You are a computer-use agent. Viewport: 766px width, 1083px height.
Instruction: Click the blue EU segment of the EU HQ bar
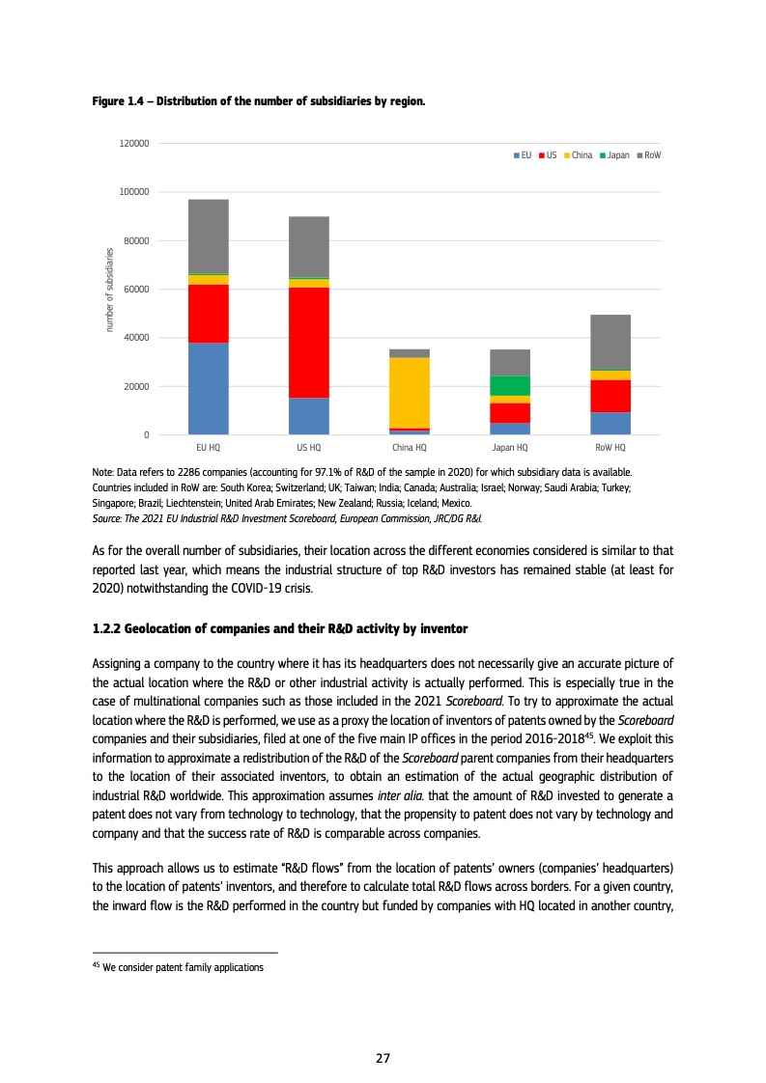[209, 388]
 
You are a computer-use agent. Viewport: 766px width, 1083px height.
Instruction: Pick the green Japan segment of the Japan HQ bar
[510, 385]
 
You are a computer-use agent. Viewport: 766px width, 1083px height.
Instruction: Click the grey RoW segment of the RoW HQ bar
[610, 342]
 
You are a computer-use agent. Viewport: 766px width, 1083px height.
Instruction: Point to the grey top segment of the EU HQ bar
[209, 236]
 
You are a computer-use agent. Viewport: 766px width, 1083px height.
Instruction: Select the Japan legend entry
[614, 154]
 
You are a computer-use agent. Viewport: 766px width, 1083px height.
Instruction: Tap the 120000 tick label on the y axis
[134, 143]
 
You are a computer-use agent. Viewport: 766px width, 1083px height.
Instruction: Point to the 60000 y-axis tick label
[136, 290]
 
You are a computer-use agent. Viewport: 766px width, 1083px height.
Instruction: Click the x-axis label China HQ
[410, 448]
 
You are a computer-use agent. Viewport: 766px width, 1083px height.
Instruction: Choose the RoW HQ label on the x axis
[610, 448]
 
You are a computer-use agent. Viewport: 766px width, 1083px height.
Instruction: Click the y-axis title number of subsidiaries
[109, 290]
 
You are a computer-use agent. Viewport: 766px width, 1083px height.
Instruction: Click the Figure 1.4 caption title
[258, 100]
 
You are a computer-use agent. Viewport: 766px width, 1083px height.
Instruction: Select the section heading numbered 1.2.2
[279, 629]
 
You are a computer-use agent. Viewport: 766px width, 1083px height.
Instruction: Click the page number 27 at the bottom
[383, 1058]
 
